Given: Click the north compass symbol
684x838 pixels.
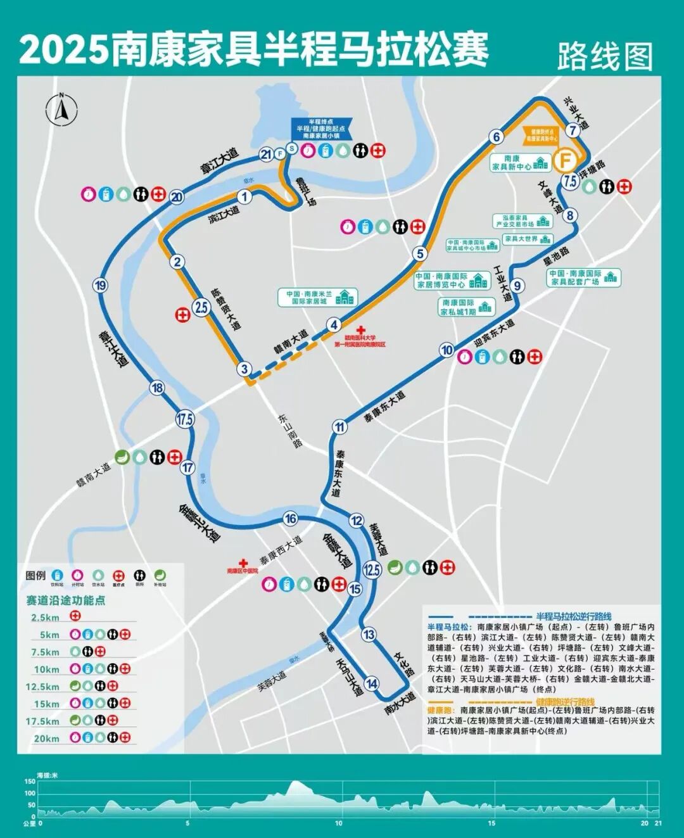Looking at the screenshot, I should pos(61,109).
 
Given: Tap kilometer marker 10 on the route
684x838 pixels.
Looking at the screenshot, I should pos(447,350).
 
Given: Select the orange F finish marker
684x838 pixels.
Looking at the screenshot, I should pos(564,159).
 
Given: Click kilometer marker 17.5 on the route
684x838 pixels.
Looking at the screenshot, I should pos(185,419).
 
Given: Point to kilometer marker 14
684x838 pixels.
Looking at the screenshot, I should pos(371,683).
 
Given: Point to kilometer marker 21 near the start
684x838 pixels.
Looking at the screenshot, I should pos(266,154).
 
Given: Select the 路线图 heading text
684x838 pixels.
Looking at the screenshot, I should pos(605,57).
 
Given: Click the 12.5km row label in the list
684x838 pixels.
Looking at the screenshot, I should pos(42,687).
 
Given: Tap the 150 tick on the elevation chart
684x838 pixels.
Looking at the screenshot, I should pos(30,782).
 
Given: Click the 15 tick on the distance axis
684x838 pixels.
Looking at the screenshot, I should pos(491,823).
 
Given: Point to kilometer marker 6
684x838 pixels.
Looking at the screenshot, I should pos(497,137).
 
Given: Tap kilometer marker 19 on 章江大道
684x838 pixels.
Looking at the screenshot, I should pos(101,286).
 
